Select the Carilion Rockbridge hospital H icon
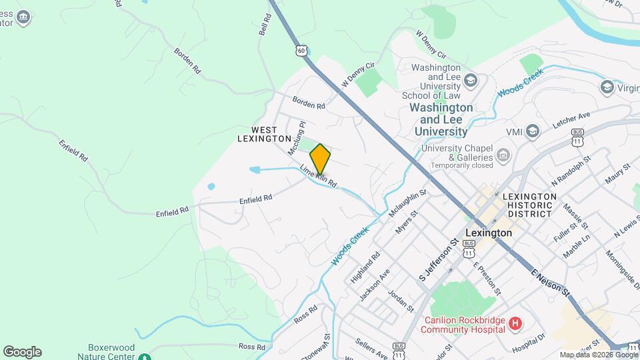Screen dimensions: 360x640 click(x=515, y=324)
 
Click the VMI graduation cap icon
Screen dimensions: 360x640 click(x=533, y=131)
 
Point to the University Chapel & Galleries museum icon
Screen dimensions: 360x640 click(x=503, y=156)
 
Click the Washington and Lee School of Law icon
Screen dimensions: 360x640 click(x=471, y=81)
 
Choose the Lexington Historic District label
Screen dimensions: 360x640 click(x=530, y=205)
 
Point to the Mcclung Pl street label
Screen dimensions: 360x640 click(x=296, y=139)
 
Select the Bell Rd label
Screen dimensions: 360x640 click(x=264, y=27)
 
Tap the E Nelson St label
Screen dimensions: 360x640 click(x=551, y=283)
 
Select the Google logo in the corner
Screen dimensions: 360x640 click(x=22, y=352)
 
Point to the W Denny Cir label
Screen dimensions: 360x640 click(x=359, y=75)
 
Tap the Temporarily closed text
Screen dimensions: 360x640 click(x=461, y=165)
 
